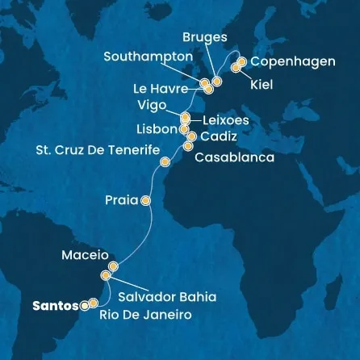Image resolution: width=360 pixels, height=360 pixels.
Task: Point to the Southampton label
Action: (149, 57)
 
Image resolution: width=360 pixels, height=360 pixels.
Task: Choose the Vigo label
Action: (153, 105)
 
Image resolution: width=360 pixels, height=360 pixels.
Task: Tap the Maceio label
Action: (85, 255)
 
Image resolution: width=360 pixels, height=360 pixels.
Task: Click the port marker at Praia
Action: (146, 200)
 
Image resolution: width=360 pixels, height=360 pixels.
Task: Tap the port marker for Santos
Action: (84, 305)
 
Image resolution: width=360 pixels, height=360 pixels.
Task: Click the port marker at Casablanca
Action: (188, 146)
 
